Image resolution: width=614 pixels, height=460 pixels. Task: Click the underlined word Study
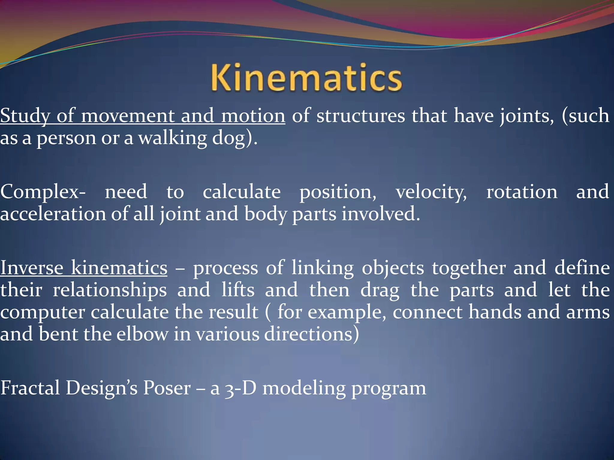pos(25,116)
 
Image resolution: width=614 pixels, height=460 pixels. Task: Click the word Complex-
pos(43,192)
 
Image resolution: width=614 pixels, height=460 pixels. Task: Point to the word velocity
pos(431,192)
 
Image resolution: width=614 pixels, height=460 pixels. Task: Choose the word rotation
pos(522,192)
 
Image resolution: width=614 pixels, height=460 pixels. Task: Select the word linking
pos(323,268)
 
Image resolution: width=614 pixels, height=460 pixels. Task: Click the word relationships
pos(110,290)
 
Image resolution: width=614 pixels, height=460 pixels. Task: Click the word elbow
pos(142,334)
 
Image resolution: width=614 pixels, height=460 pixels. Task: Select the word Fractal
pos(30,388)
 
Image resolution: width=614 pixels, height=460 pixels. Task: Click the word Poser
pos(167,388)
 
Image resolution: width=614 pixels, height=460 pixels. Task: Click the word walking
pos(172,138)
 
